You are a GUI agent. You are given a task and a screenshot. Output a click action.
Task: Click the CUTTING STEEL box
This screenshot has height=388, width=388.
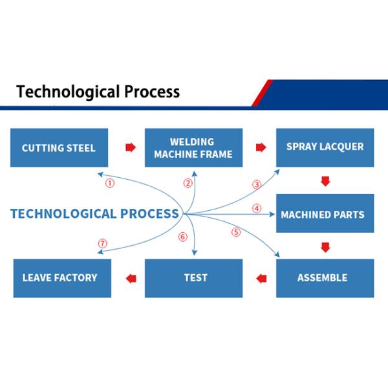[59, 147]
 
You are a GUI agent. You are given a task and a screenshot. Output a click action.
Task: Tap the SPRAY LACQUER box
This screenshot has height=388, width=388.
[325, 147]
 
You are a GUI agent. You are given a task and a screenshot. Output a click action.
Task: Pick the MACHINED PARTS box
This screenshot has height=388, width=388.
[325, 214]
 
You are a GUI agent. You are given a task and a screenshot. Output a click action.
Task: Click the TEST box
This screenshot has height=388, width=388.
[193, 278]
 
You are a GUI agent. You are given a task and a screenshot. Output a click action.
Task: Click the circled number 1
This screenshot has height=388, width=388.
[110, 183]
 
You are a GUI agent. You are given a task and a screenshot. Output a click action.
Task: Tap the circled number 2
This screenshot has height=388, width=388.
[188, 183]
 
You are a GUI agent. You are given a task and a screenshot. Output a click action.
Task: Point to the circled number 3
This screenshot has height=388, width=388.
[257, 185]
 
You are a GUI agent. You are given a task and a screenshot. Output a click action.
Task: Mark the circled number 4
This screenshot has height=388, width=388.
[257, 208]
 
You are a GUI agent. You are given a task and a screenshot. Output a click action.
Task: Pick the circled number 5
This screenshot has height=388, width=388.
[236, 232]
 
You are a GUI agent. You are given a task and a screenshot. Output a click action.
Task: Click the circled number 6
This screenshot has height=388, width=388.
[182, 237]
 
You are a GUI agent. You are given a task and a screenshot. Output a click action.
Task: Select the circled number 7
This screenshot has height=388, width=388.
[102, 244]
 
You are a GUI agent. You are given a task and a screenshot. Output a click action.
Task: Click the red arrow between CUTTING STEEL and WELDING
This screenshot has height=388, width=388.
[130, 147]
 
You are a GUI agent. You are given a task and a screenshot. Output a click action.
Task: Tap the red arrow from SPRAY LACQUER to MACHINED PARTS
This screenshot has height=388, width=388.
[325, 181]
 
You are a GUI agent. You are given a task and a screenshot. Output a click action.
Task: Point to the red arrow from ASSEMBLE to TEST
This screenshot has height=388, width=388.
[261, 279]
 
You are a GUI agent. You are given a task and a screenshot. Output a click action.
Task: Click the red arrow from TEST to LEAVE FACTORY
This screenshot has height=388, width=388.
[131, 279]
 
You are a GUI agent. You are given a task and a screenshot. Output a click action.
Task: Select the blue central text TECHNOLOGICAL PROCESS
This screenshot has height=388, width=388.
[94, 214]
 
